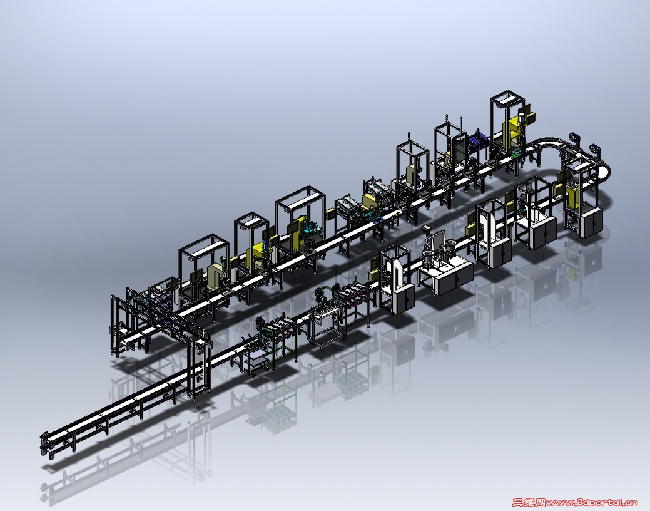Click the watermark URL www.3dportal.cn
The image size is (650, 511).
(x=592, y=503)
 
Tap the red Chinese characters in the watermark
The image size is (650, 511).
(x=529, y=503)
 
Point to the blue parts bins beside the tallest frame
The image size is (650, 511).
(x=477, y=140)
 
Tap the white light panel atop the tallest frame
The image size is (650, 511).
(x=507, y=100)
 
